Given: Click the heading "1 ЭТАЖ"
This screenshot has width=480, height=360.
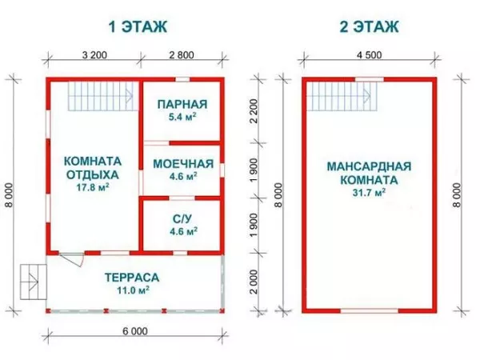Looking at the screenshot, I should pyautogui.click(x=138, y=26).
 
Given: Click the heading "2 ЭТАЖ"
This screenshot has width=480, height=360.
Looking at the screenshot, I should pyautogui.click(x=370, y=26).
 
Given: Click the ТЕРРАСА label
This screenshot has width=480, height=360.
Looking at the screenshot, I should pyautogui.click(x=132, y=278).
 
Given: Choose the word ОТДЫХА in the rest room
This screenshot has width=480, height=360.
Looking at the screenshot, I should pyautogui.click(x=91, y=174).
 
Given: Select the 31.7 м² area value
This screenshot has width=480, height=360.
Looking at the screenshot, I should pyautogui.click(x=369, y=193).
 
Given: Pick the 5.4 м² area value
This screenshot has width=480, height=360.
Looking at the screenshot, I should pyautogui.click(x=182, y=117).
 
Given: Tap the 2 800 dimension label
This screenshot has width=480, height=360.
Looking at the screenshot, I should pyautogui.click(x=182, y=56).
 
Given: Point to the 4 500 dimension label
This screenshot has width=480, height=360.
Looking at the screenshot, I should pyautogui.click(x=370, y=56).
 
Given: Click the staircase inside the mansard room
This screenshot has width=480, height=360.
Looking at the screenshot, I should pyautogui.click(x=344, y=98).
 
